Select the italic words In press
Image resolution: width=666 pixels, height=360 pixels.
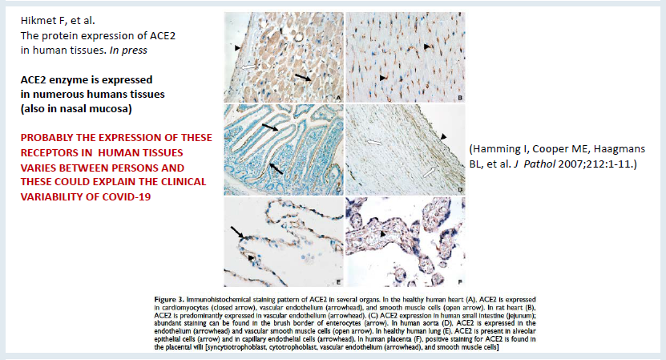pyautogui.click(x=128, y=51)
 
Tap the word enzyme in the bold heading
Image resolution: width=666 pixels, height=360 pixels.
pyautogui.click(x=66, y=80)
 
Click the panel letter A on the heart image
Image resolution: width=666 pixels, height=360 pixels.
pyautogui.click(x=338, y=98)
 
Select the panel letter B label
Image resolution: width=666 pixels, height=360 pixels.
pyautogui.click(x=460, y=98)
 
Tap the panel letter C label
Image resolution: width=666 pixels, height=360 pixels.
pyautogui.click(x=338, y=190)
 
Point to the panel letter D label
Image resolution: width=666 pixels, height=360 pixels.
pyautogui.click(x=460, y=190)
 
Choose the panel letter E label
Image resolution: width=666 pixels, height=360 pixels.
pyautogui.click(x=338, y=281)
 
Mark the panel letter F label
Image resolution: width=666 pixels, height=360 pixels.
pyautogui.click(x=460, y=281)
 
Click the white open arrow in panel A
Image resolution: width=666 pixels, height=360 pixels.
pyautogui.click(x=249, y=67)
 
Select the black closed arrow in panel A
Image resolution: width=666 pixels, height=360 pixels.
pyautogui.click(x=303, y=76)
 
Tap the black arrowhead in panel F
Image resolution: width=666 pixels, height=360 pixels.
pyautogui.click(x=383, y=234)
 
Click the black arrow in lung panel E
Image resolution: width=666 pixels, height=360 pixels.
pyautogui.click(x=237, y=233)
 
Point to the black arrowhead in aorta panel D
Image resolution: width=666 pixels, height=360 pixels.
pyautogui.click(x=443, y=136)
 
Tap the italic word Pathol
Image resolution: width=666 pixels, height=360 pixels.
pyautogui.click(x=539, y=164)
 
